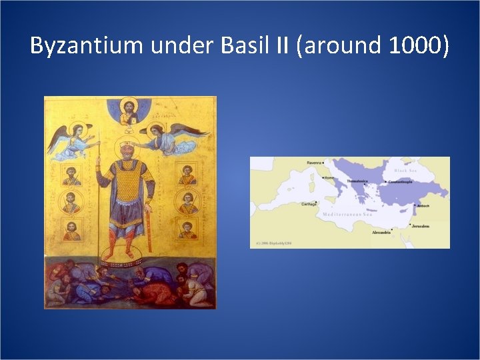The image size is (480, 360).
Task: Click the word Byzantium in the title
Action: pos(83,46)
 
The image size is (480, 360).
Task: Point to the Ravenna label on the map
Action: pos(314,163)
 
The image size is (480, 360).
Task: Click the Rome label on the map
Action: pos(329,178)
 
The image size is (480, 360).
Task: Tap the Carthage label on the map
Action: pos(309,205)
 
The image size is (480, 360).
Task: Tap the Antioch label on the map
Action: pos(424,206)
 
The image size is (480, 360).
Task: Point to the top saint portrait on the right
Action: pos(187,174)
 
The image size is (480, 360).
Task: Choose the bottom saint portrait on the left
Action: pos(71,231)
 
